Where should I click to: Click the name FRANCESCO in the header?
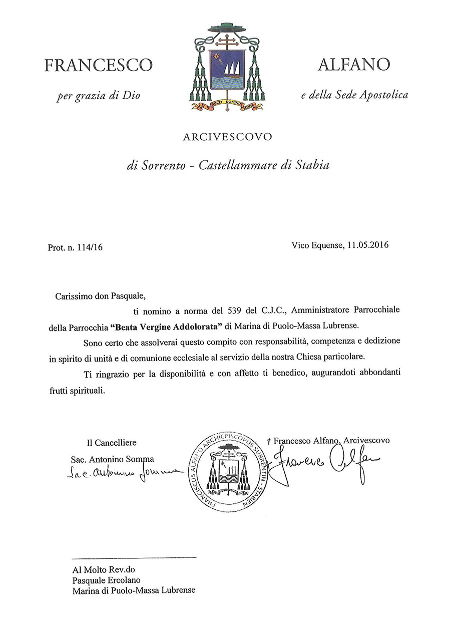point(98,66)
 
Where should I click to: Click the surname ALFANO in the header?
point(353,65)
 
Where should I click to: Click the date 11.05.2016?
point(367,245)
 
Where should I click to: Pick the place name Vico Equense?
point(316,245)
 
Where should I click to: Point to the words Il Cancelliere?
point(111,443)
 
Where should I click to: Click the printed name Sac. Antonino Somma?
point(113,459)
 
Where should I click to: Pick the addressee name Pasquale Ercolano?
point(106,580)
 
